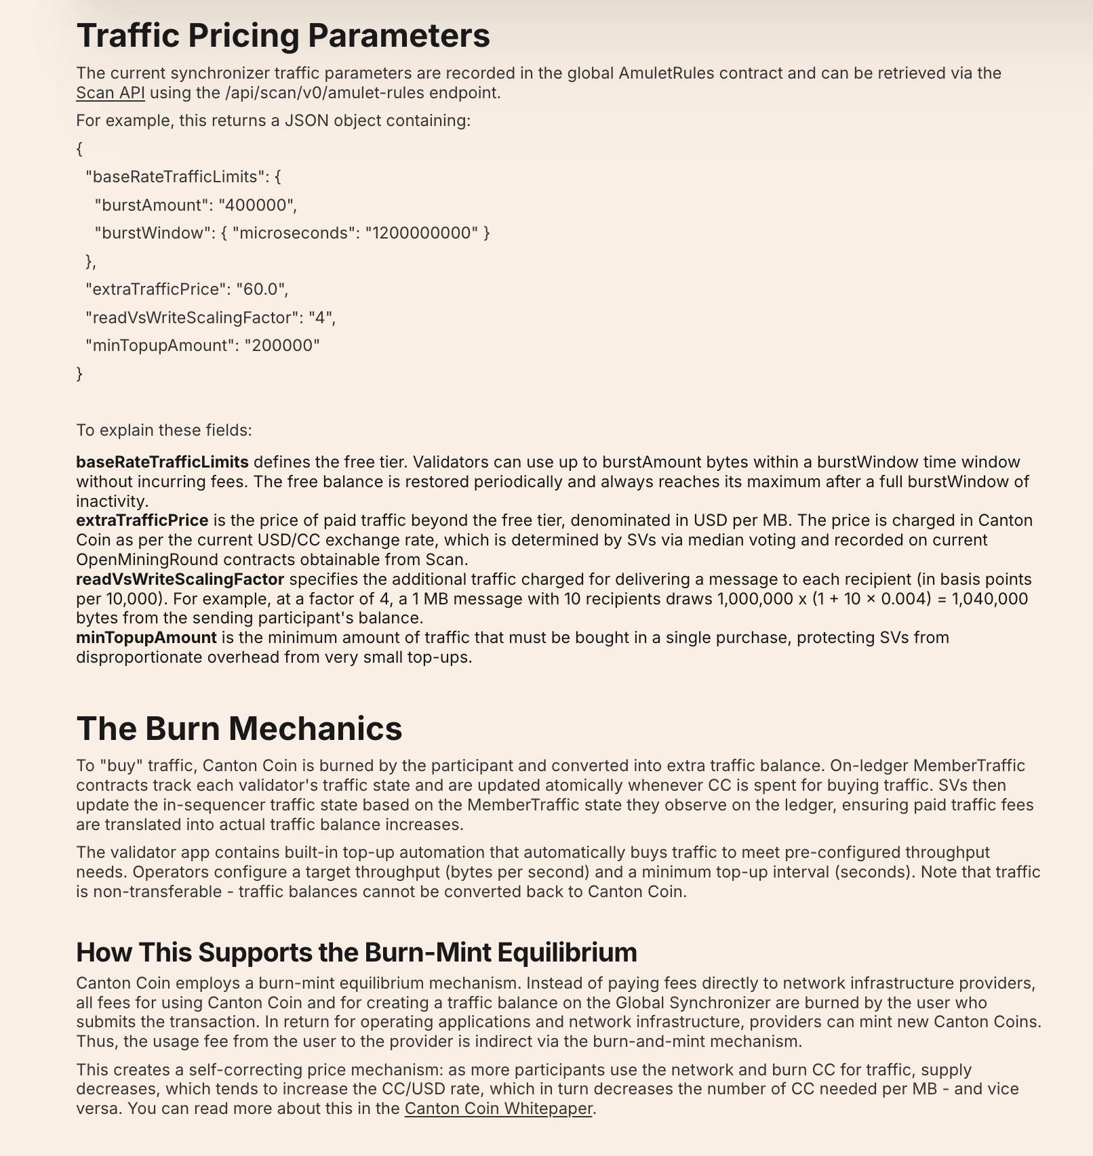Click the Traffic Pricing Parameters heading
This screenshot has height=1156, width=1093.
pyautogui.click(x=283, y=35)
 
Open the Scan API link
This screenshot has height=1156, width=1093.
pyautogui.click(x=110, y=93)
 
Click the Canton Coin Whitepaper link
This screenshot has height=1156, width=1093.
pyautogui.click(x=498, y=1109)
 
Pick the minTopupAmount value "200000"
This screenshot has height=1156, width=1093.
pyautogui.click(x=281, y=346)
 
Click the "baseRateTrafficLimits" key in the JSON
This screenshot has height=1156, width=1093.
pyautogui.click(x=176, y=177)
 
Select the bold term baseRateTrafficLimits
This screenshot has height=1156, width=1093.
pyautogui.click(x=162, y=462)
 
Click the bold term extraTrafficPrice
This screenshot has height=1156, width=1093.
pyautogui.click(x=142, y=520)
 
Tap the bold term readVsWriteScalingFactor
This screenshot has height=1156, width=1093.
pyautogui.click(x=180, y=579)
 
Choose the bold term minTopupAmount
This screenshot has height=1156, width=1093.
pyautogui.click(x=146, y=638)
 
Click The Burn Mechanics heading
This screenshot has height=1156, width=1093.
pyautogui.click(x=239, y=728)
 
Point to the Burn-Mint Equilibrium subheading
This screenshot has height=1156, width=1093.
pyautogui.click(x=356, y=952)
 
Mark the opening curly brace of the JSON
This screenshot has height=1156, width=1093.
pyautogui.click(x=80, y=148)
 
